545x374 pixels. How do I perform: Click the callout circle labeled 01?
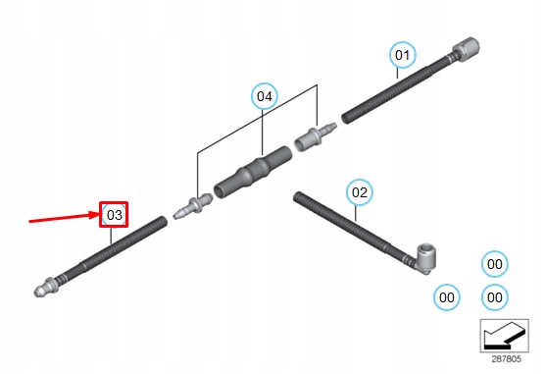402,56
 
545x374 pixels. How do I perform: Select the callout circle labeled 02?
359,192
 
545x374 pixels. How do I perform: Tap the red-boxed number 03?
115,215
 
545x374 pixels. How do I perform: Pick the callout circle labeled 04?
264,96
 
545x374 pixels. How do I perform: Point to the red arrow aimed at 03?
64,217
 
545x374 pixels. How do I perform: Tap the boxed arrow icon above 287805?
505,336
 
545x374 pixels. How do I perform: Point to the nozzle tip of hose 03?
40,291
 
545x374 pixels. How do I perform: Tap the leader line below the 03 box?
112,237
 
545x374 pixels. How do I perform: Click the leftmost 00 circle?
448,296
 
